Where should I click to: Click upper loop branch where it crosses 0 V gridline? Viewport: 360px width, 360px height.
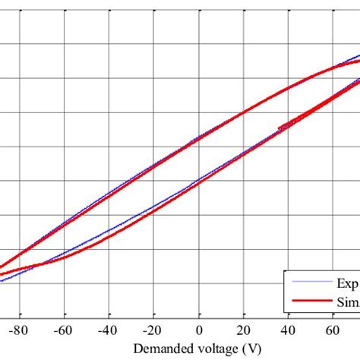[199, 138]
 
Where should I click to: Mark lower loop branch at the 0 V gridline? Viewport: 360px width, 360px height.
[199, 182]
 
